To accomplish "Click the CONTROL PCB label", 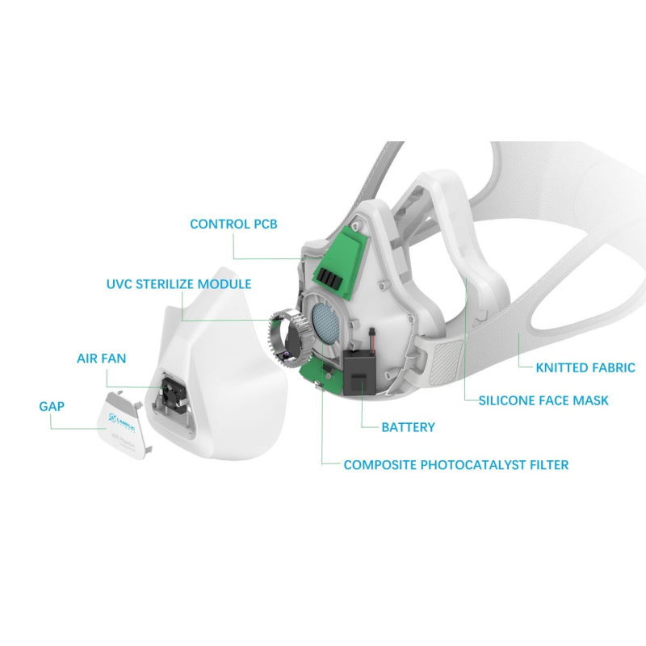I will (233, 224).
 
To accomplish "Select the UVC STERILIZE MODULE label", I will (178, 284).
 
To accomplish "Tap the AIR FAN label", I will (101, 357).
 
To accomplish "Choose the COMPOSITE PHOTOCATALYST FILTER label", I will (455, 465).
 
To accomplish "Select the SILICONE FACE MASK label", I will (543, 400).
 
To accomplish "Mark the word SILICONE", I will (508, 400).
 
